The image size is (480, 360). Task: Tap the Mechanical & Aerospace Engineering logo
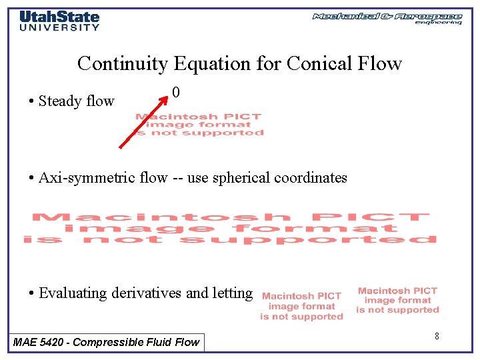pos(387,18)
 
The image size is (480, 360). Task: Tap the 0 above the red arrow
pos(175,92)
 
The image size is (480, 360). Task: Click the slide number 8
pos(437,336)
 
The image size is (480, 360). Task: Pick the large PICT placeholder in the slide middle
pos(230,228)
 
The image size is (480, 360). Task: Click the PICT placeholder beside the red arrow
pos(199,125)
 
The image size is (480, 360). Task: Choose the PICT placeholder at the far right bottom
pos(398,300)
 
